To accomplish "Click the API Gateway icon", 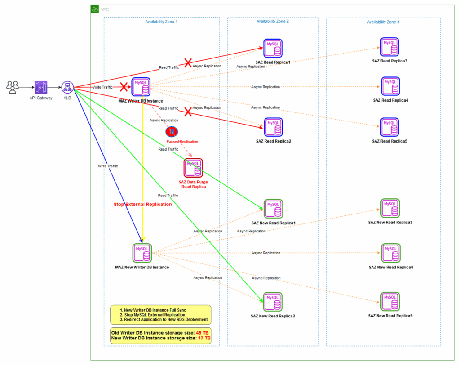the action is pyautogui.click(x=41, y=87).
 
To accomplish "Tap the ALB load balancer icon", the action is pyautogui.click(x=67, y=87).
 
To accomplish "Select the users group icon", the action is pyautogui.click(x=13, y=87).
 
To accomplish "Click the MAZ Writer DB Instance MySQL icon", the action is pyautogui.click(x=141, y=87).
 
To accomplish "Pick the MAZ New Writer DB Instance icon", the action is pyautogui.click(x=142, y=253).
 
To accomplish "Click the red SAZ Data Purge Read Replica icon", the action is pyautogui.click(x=193, y=168).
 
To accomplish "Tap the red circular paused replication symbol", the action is pyautogui.click(x=172, y=132).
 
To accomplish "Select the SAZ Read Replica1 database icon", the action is pyautogui.click(x=273, y=48).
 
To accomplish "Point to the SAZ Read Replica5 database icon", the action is pyautogui.click(x=389, y=127).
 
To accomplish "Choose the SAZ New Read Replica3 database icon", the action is pyautogui.click(x=390, y=208).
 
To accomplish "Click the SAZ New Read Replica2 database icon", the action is pyautogui.click(x=273, y=302).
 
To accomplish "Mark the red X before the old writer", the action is pyautogui.click(x=124, y=87).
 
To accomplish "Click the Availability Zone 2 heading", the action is pyautogui.click(x=273, y=22).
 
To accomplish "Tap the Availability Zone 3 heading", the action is pyautogui.click(x=383, y=22).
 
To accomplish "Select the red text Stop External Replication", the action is pyautogui.click(x=143, y=205).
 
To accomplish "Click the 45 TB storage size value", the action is pyautogui.click(x=202, y=333).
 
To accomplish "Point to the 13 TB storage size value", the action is pyautogui.click(x=204, y=338).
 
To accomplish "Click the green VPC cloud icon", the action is pyautogui.click(x=95, y=9).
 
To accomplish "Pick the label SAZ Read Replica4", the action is pyautogui.click(x=390, y=100).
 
